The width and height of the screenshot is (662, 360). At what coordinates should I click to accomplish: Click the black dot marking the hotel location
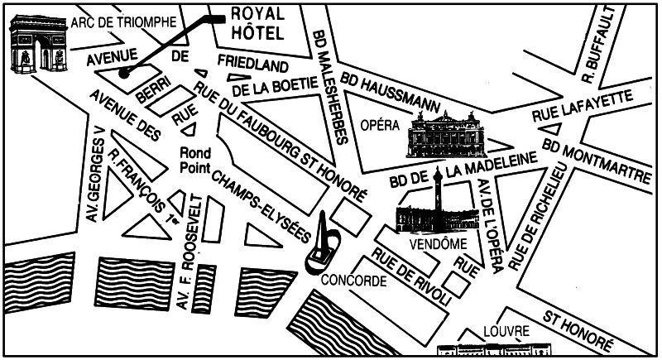click(x=123, y=73)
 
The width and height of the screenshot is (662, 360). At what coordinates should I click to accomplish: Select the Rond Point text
click(x=196, y=160)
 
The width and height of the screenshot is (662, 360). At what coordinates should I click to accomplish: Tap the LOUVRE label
click(x=509, y=331)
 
